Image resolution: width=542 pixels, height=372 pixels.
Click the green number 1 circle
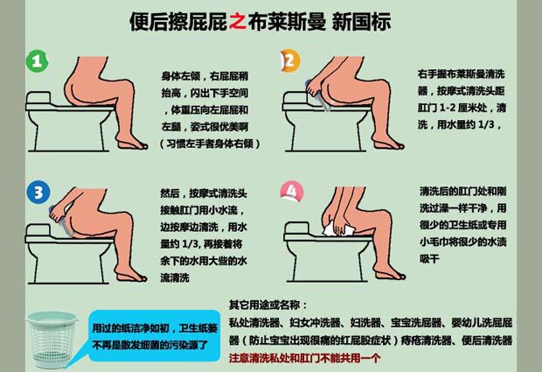pyautogui.click(x=37, y=61)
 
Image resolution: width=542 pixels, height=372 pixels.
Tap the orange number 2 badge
pyautogui.click(x=290, y=61)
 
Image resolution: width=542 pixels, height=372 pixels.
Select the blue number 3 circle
pyautogui.click(x=38, y=193)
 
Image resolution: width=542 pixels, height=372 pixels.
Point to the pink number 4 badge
pyautogui.click(x=292, y=191)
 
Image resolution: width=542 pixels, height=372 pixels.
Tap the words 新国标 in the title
pyautogui.click(x=361, y=22)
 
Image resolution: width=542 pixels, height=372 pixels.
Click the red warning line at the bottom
pyautogui.click(x=304, y=358)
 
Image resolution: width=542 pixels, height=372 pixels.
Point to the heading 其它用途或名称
pyautogui.click(x=268, y=305)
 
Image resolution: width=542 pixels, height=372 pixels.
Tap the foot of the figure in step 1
pyautogui.click(x=132, y=144)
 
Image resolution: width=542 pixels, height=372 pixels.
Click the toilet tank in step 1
pyautogui.click(x=38, y=98)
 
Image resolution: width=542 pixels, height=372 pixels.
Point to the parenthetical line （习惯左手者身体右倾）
pyautogui.click(x=210, y=144)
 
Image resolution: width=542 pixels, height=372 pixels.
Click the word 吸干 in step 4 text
pyautogui.click(x=429, y=258)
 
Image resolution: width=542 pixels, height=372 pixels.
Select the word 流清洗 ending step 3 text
pyautogui.click(x=175, y=277)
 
